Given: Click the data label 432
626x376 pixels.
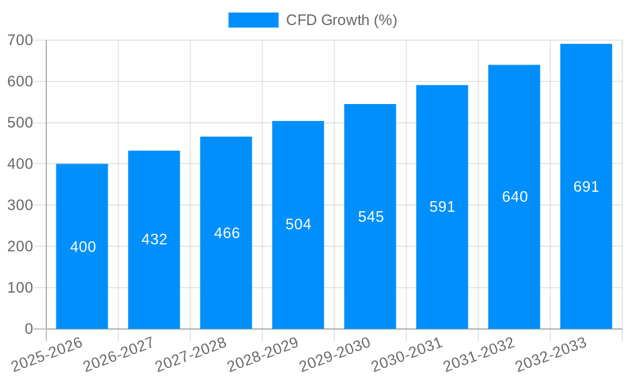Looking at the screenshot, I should tap(155, 239).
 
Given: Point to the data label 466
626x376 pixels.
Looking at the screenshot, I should tap(227, 233).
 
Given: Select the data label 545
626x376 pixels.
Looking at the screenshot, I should tap(371, 217).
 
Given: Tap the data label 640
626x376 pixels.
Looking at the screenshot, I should tap(515, 197).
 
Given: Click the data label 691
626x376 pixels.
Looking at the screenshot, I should tap(587, 187).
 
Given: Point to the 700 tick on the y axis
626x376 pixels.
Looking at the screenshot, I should tap(20, 40).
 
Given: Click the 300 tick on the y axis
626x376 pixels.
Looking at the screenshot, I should tap(20, 205).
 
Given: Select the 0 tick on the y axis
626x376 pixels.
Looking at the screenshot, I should tap(29, 329).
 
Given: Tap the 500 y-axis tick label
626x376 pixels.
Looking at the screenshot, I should tap(20, 122).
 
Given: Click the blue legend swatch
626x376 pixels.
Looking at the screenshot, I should tap(253, 20).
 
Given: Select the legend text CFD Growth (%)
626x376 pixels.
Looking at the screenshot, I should tap(341, 20).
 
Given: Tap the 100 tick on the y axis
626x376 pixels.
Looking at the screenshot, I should tap(20, 288).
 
